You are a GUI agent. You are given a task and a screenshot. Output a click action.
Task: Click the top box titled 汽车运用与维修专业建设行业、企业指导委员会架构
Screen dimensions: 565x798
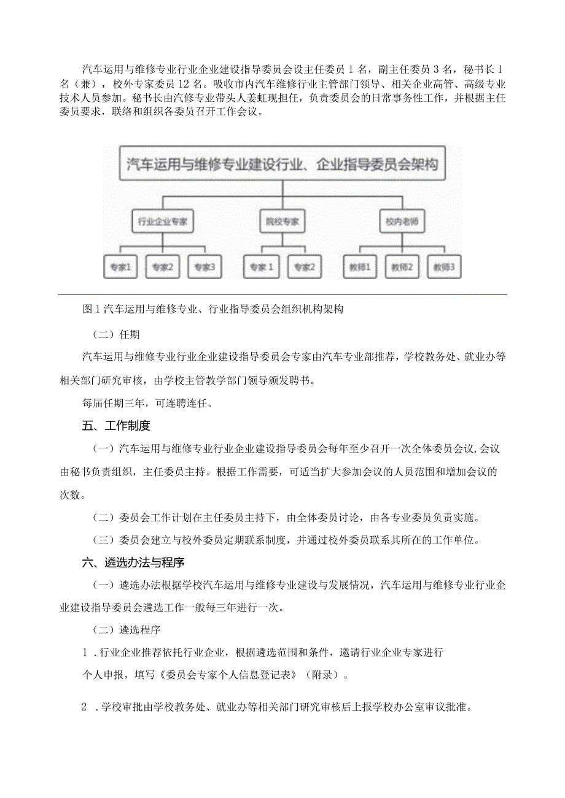pos(282,164)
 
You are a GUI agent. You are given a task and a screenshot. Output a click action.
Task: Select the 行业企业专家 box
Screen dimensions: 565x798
pos(163,222)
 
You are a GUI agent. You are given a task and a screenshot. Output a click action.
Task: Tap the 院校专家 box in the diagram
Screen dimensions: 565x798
pos(282,222)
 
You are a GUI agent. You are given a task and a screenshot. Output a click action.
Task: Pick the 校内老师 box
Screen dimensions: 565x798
pos(402,222)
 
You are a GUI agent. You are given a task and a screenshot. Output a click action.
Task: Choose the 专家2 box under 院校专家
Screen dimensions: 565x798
pos(303,267)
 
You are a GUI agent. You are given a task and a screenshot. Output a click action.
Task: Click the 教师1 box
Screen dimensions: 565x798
pos(360,267)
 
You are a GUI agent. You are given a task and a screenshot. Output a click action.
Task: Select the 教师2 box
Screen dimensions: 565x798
pos(402,267)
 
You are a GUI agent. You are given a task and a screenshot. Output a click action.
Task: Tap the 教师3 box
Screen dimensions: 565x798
pos(443,267)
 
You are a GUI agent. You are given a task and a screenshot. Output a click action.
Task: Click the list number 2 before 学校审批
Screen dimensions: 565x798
pos(85,707)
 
